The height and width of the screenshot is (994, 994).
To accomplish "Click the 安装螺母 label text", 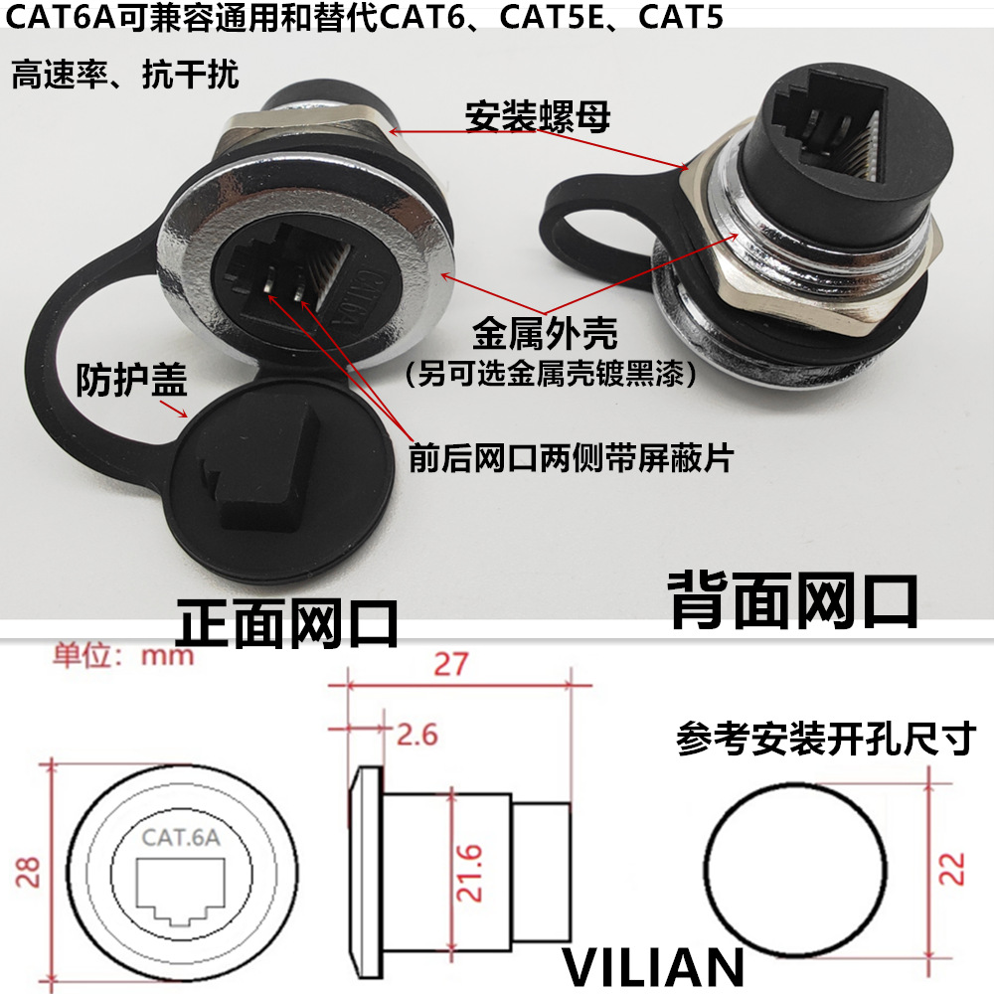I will click(x=537, y=117).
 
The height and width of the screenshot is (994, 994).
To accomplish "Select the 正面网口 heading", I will click(x=287, y=623).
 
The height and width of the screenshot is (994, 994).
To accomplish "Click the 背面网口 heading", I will click(x=792, y=599).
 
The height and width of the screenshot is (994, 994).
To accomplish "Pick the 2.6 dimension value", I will click(x=416, y=736).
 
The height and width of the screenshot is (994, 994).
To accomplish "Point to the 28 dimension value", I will click(x=30, y=872).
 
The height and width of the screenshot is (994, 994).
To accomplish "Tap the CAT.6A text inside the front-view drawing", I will click(x=181, y=836).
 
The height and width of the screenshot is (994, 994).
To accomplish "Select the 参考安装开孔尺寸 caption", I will click(x=826, y=739).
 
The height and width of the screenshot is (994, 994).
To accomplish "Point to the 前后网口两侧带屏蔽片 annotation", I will click(x=571, y=458).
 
